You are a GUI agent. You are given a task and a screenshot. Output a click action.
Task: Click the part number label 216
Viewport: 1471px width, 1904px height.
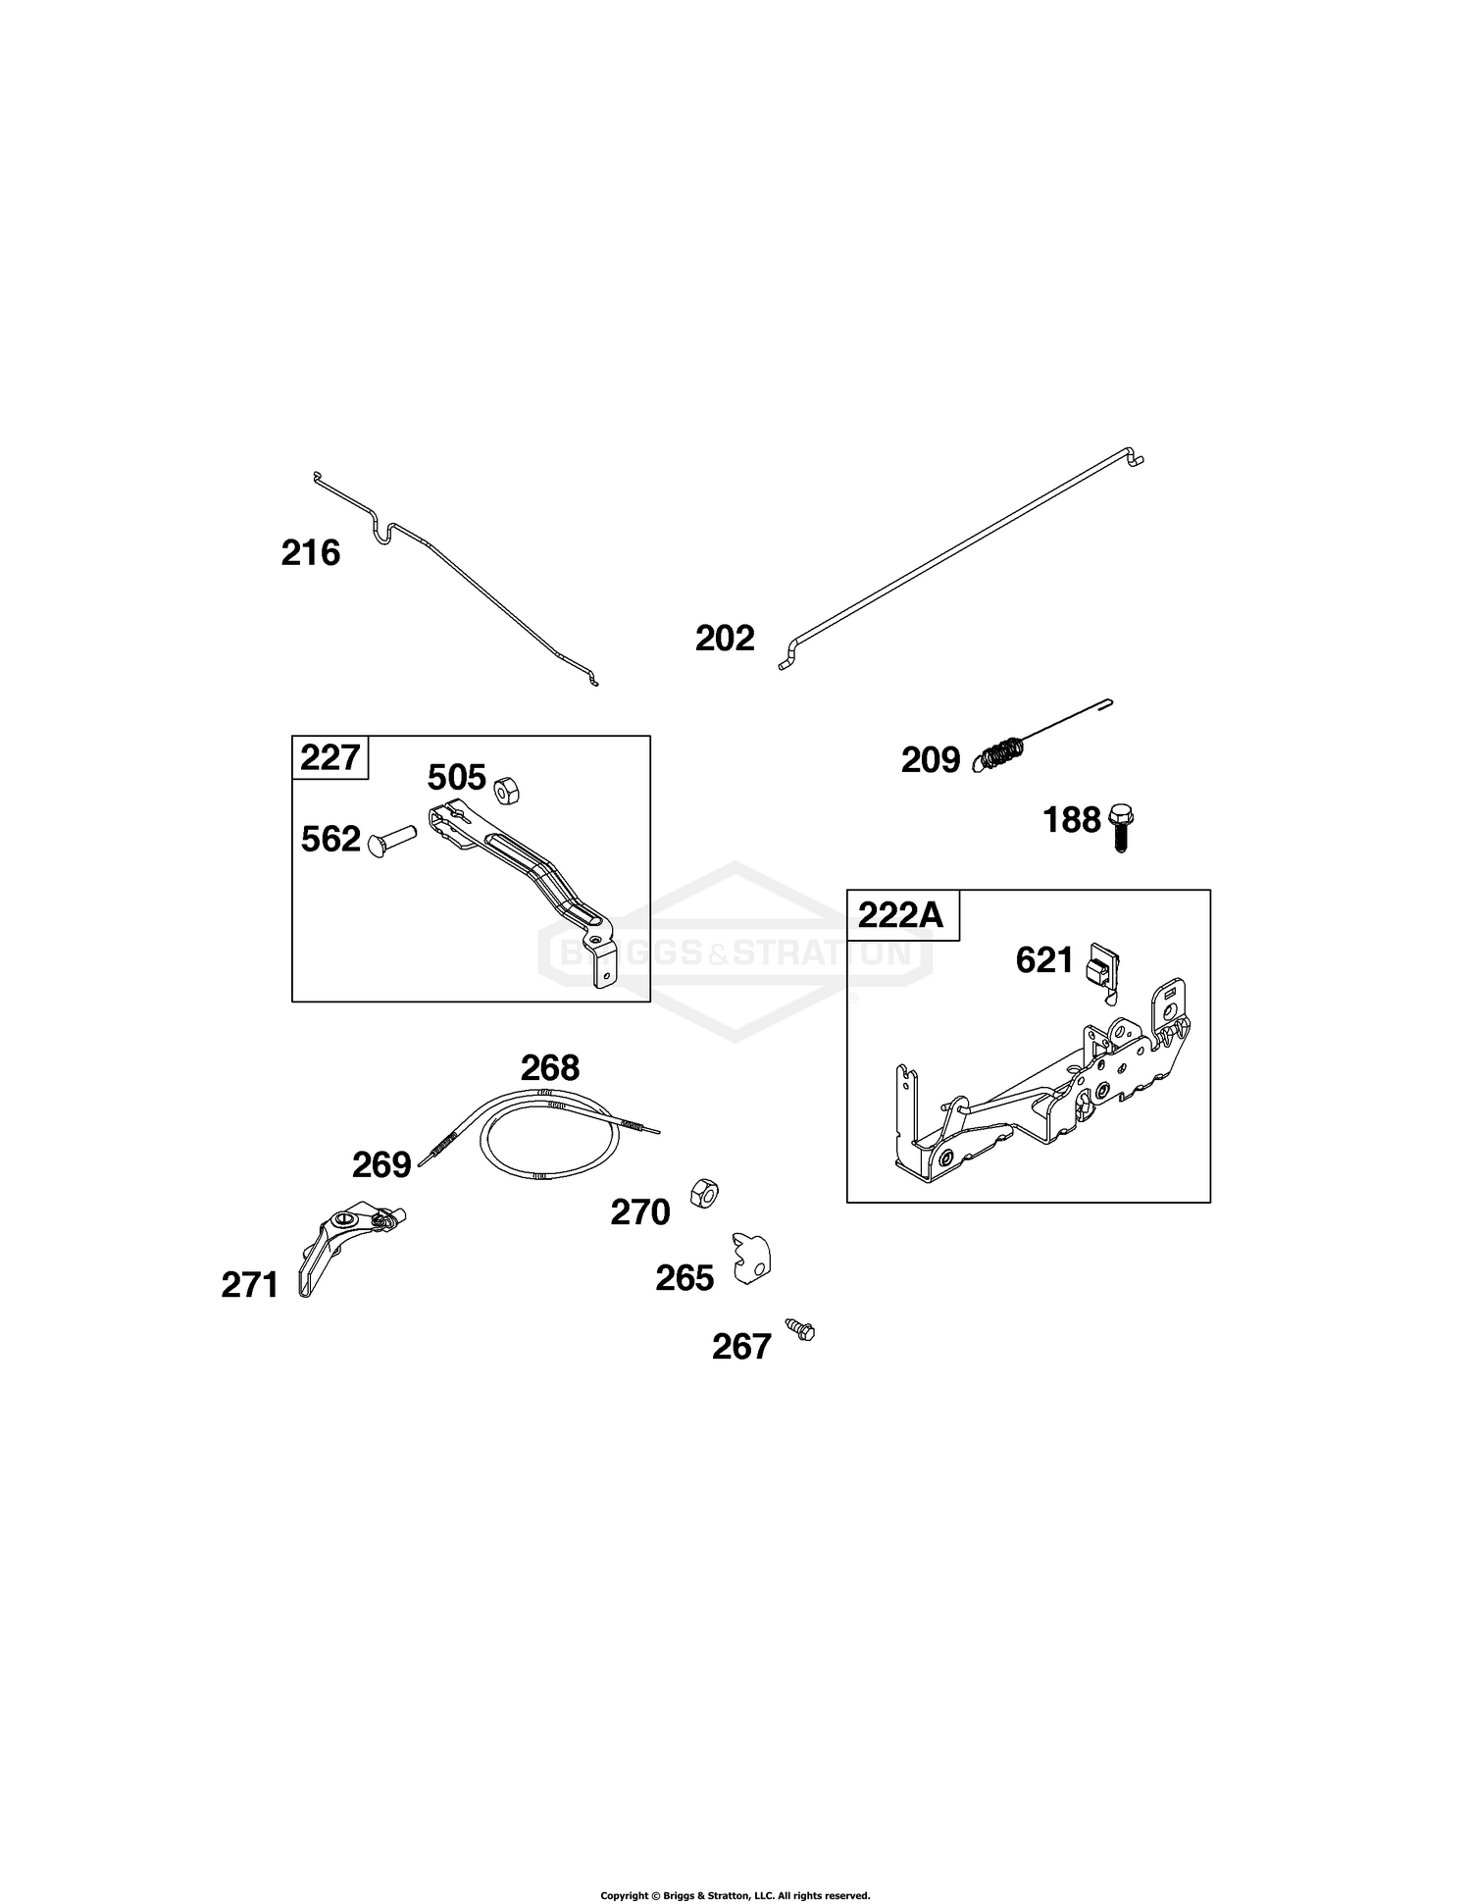310,553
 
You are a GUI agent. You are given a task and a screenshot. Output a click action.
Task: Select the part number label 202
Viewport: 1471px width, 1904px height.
725,639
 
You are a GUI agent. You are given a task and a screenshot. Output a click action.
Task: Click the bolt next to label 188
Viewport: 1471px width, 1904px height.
1120,827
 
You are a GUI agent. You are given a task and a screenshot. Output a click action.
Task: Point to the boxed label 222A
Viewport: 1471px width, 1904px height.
900,915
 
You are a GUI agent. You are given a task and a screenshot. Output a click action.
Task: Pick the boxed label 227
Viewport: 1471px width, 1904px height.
330,758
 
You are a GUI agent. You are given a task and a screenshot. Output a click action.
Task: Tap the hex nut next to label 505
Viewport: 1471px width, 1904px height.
506,787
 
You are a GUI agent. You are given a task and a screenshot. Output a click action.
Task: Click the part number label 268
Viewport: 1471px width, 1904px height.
549,1067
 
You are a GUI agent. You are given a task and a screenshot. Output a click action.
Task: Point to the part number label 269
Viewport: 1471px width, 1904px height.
381,1165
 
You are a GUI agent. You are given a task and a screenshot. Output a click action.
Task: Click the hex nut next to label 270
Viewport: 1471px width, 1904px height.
703,1192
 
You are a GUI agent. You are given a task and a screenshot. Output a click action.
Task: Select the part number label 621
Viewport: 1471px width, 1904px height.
1044,960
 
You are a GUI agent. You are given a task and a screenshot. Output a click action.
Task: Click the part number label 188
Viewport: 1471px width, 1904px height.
1072,820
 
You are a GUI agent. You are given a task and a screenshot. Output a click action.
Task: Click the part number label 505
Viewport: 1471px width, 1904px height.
457,778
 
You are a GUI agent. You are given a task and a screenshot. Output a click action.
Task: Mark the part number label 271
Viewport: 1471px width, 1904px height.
250,1285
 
